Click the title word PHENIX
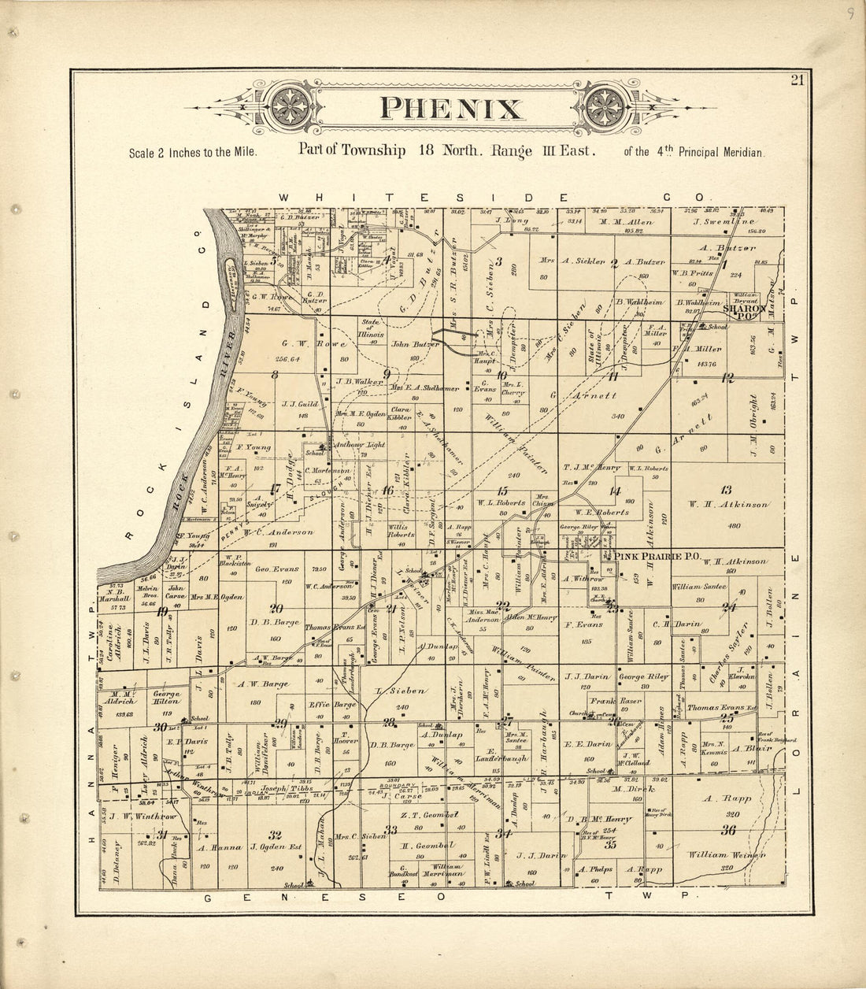[x=450, y=109]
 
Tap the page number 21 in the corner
[x=798, y=79]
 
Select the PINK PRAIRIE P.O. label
[x=658, y=557]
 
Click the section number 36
[x=727, y=829]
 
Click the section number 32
[x=275, y=835]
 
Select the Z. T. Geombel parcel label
[x=424, y=816]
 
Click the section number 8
[x=274, y=375]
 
